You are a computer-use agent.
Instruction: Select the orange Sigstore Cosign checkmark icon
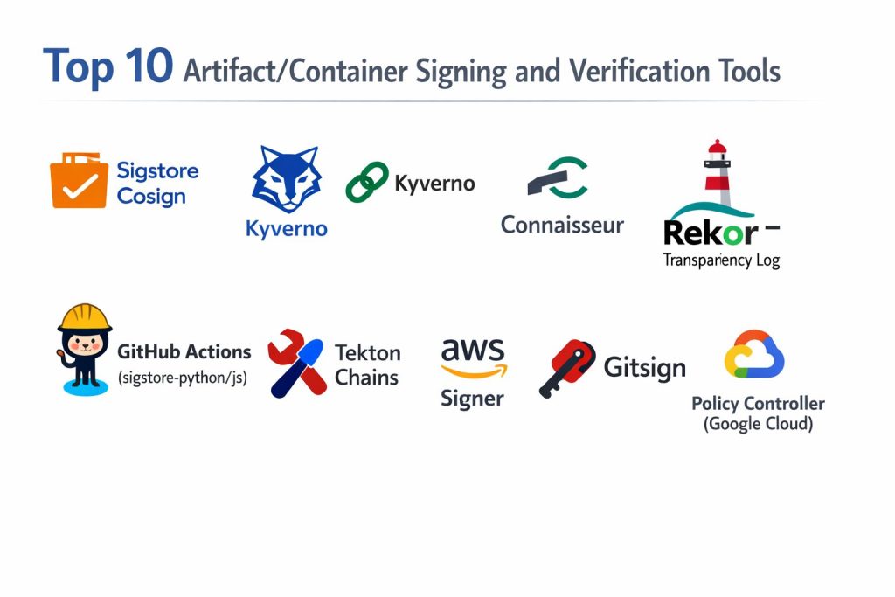click(79, 181)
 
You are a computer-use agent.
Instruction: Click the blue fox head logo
click(286, 179)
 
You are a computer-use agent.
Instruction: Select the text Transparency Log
click(721, 260)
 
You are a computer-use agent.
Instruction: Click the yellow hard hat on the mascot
click(84, 316)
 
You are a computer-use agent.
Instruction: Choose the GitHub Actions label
click(184, 352)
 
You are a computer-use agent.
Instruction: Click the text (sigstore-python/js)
click(182, 378)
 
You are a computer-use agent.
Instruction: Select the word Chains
click(367, 378)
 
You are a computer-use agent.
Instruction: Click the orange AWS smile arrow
click(474, 371)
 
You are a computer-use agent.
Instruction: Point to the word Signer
click(472, 399)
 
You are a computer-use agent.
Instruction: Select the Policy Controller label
click(758, 404)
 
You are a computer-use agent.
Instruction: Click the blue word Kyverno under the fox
click(287, 230)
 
